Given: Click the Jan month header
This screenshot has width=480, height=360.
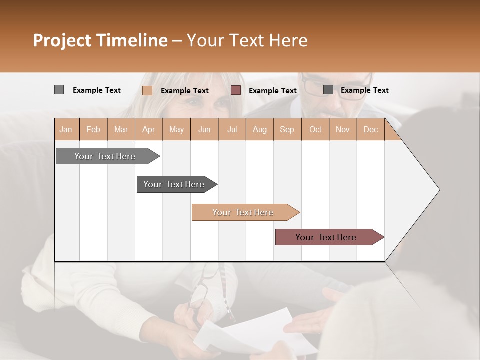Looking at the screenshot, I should click(x=66, y=129).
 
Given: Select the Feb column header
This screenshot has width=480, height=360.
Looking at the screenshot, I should click(x=93, y=129).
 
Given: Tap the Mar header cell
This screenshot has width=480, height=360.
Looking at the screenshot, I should click(x=121, y=129).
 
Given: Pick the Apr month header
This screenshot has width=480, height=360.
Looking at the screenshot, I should click(x=149, y=129).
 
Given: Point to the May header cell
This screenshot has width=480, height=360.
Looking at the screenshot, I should click(x=176, y=129).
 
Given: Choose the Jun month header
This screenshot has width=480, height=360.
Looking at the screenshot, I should click(x=204, y=129).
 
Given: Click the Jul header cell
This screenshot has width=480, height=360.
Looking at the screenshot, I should click(x=232, y=129).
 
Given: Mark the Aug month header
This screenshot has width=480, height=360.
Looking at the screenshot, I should click(x=260, y=129).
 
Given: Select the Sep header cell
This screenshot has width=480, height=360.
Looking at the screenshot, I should click(x=287, y=129).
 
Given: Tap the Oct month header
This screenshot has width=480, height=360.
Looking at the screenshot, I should click(x=315, y=129).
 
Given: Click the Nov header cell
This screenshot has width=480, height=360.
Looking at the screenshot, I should click(x=343, y=129).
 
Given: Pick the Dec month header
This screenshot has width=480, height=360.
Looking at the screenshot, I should click(x=371, y=129).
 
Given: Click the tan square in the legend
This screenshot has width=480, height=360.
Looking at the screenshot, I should click(x=147, y=90).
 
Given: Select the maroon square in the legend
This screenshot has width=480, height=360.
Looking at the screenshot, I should click(x=236, y=90).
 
